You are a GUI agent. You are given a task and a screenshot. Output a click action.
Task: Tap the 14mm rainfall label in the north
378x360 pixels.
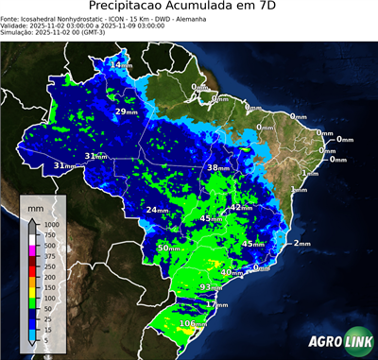point(120,65)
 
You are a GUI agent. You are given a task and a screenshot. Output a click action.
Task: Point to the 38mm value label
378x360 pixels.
point(218,167)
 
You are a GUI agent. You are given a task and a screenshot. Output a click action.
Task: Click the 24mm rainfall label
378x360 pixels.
point(156,210)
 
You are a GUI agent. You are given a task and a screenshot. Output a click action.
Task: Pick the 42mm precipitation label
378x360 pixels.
point(242,207)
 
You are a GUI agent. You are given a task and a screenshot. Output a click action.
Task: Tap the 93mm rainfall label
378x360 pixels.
point(212,287)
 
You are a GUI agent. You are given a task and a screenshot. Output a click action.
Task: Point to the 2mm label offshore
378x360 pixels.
point(301,244)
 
